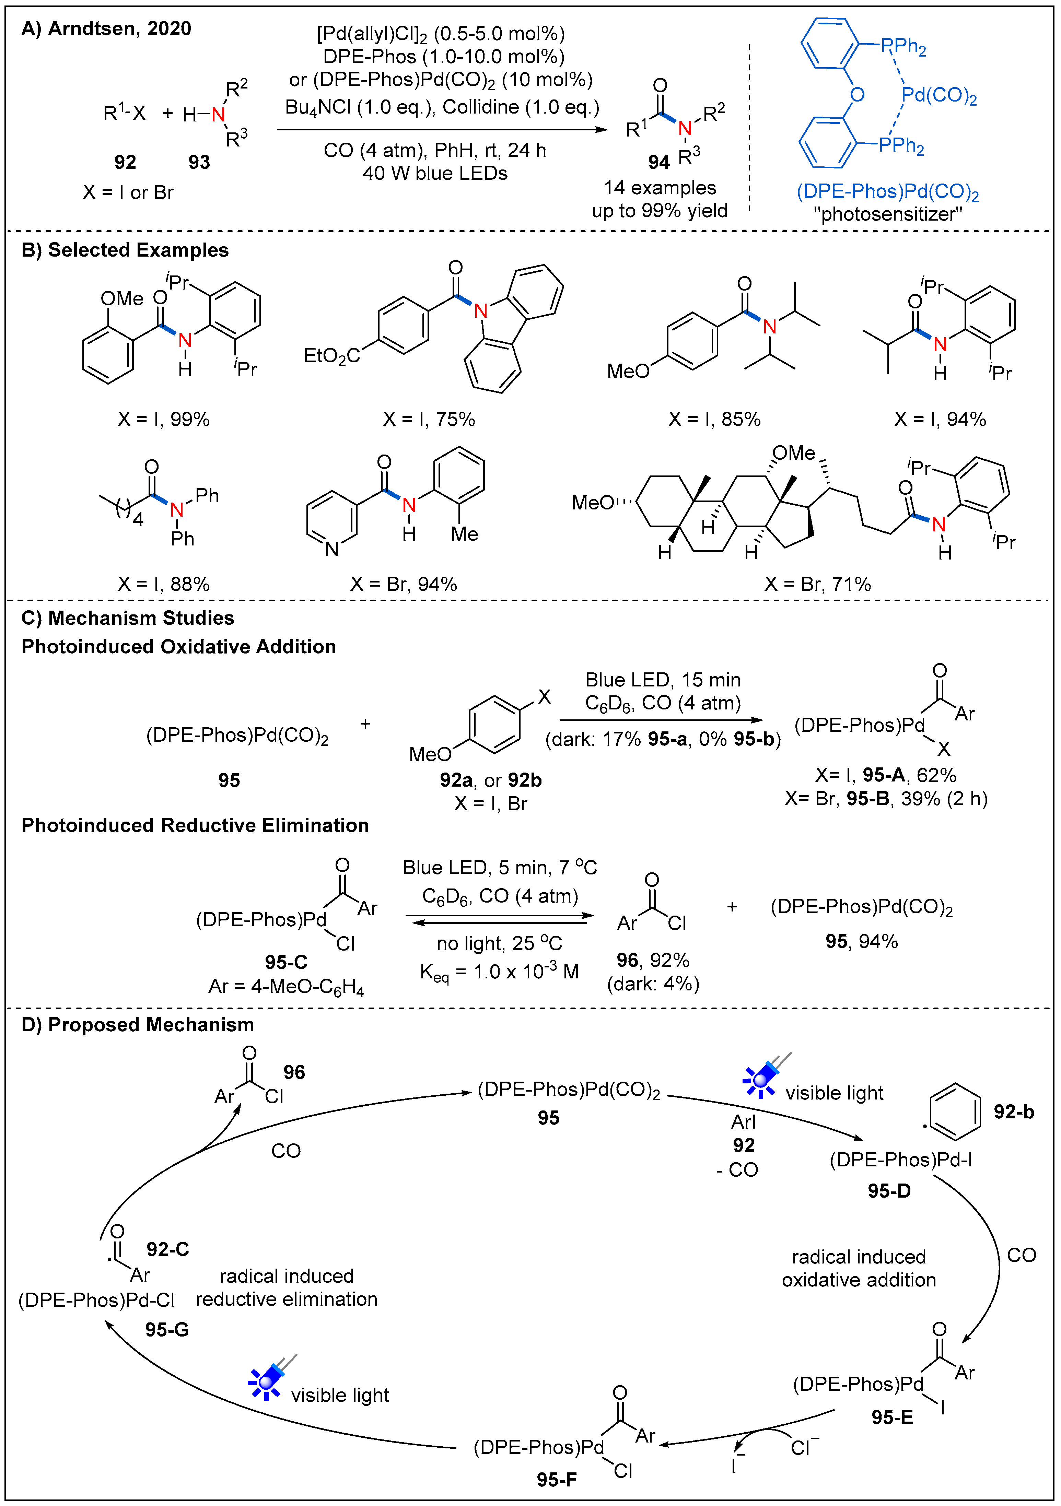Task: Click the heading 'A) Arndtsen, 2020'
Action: [106, 29]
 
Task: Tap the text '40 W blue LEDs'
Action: [435, 173]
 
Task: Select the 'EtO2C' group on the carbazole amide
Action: [331, 356]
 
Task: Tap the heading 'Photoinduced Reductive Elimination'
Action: [195, 825]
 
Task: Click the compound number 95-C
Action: [286, 962]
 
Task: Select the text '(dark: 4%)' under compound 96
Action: [653, 984]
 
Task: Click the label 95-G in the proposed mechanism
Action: [167, 1330]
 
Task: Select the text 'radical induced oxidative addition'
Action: [858, 1269]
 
